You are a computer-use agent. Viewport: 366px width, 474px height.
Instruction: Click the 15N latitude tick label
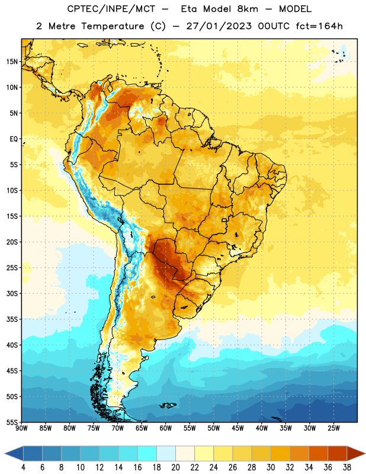12,62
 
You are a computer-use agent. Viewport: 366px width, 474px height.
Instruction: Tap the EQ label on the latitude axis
14,139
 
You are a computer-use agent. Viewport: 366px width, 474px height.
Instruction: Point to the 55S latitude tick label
12,422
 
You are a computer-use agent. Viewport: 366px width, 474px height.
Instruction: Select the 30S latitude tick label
12,293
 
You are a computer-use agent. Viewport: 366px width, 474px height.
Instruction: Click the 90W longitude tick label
21,428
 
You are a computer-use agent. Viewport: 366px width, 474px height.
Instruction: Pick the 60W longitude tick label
166,428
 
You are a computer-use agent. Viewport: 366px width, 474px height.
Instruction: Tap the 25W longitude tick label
333,428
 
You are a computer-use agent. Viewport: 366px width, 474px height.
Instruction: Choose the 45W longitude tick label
237,428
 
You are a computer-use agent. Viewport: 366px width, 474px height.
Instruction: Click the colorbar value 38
346,467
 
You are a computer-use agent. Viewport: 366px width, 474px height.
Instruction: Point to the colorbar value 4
23,467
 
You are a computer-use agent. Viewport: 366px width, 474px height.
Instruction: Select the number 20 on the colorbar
175,467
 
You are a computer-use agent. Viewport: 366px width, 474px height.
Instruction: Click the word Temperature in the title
113,26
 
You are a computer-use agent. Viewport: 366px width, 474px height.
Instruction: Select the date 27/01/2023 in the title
219,26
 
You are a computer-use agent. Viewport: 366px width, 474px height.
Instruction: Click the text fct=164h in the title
319,26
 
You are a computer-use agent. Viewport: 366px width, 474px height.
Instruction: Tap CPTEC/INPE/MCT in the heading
111,9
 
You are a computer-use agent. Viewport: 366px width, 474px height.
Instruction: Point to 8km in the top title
248,9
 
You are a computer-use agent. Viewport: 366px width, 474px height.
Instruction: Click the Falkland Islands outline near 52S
168,405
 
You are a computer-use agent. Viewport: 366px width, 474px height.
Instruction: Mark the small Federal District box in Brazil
224,220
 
